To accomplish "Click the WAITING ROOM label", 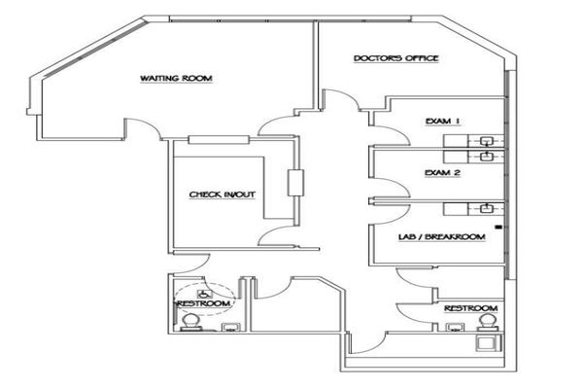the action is (x=176, y=79).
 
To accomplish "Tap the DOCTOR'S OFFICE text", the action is (x=396, y=58).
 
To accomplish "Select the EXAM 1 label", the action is (x=443, y=121).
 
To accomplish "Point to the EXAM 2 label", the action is (x=443, y=173).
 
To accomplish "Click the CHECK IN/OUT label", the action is (x=223, y=194).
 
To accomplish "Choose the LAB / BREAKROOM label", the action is (x=442, y=236).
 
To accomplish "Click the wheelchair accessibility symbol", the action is (x=204, y=294).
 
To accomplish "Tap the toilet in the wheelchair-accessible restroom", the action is (x=191, y=322).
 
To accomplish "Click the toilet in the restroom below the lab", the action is (x=488, y=322).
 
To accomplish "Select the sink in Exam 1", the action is (x=486, y=141).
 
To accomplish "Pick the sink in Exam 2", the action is (x=486, y=157).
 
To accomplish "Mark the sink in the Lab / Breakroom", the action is (x=486, y=208).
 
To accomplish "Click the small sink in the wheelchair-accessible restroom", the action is (x=230, y=328).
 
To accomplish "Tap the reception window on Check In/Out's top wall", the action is (x=219, y=140).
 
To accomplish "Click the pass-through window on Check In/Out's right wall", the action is (x=295, y=183).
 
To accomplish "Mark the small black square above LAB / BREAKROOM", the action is (x=498, y=227).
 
